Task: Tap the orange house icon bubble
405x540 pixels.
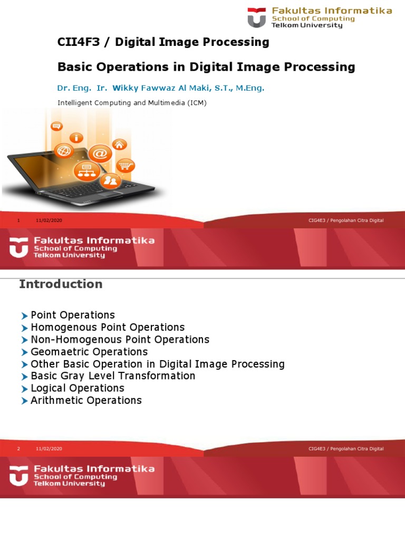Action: point(120,144)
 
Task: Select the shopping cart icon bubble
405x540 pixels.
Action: point(126,166)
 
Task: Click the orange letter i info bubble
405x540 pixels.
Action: point(78,138)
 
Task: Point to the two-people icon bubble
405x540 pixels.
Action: point(111,181)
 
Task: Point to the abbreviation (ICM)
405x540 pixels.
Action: point(196,103)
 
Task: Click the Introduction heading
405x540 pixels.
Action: point(61,284)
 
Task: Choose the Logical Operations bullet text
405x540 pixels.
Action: point(78,388)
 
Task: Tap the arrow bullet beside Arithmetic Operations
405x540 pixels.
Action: point(24,401)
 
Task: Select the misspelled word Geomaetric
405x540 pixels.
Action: point(59,352)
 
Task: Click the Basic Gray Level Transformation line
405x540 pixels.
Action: point(113,376)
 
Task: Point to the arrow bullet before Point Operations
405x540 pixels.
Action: point(24,316)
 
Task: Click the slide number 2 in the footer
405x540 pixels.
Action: point(18,449)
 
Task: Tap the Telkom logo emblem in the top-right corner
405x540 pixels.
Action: point(257,17)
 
